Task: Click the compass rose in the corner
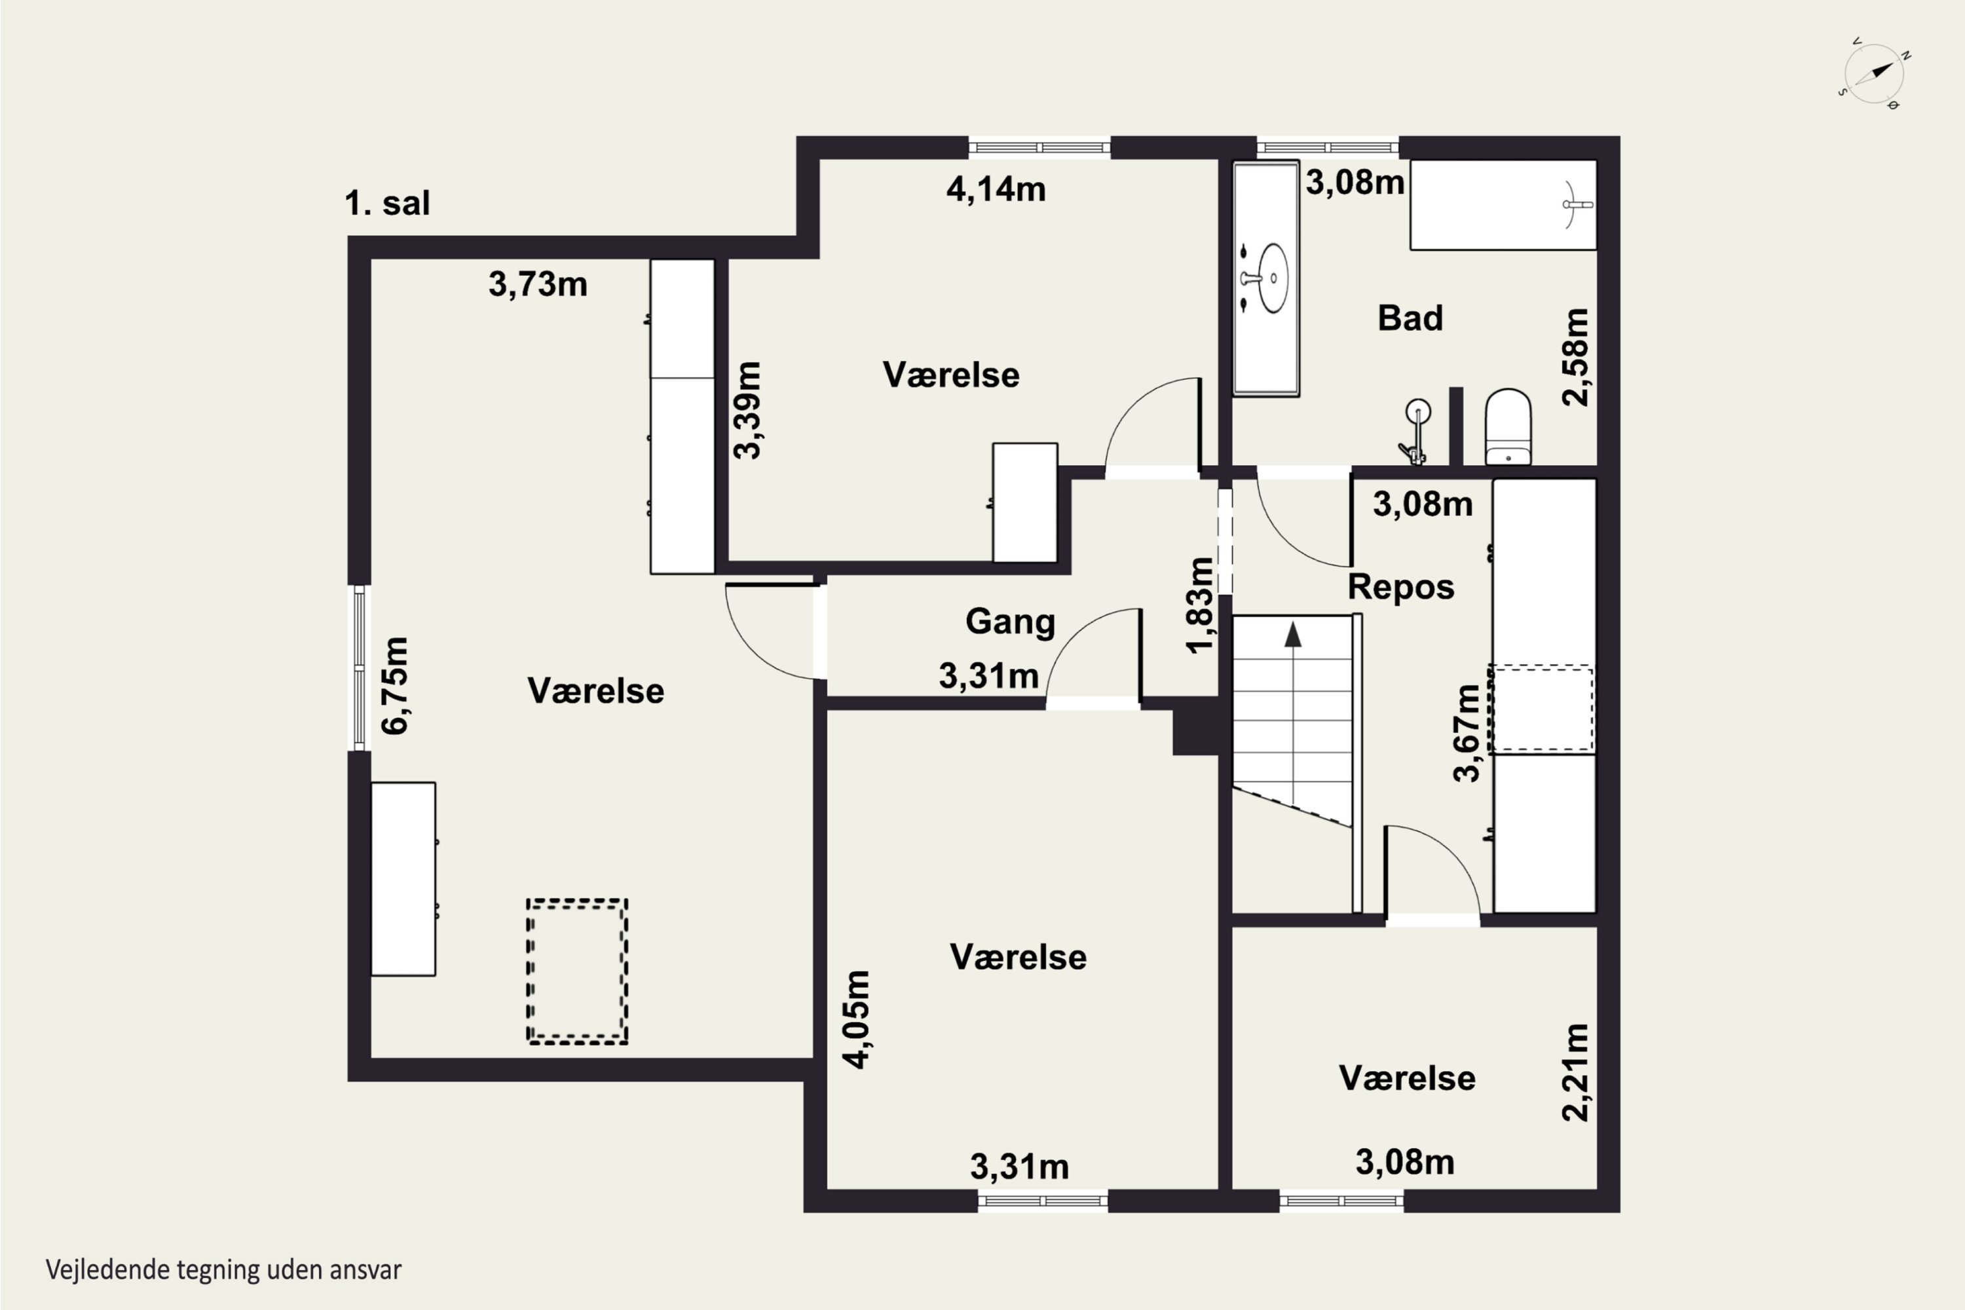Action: click(1875, 73)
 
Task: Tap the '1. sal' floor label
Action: click(387, 203)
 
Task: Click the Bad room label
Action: click(1410, 318)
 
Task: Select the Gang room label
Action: click(1010, 622)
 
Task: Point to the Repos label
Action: click(1401, 588)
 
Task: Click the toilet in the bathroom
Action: click(1508, 426)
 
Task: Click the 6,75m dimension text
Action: click(394, 685)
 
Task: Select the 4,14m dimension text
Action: click(996, 190)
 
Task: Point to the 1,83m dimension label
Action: click(1200, 605)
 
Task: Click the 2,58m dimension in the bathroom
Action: click(1576, 357)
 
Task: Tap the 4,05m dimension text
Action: click(856, 1019)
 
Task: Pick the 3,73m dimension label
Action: click(538, 285)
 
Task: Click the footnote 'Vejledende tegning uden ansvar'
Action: click(223, 1270)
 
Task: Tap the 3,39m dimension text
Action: click(748, 410)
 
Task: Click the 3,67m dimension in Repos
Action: click(1467, 733)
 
